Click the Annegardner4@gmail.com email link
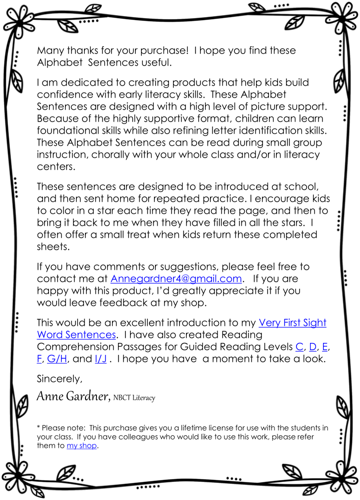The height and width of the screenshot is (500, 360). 176,279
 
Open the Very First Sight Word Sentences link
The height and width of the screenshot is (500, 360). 292,323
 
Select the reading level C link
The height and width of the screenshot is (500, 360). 299,347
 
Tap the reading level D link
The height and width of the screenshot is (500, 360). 313,347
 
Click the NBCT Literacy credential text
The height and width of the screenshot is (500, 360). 134,398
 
